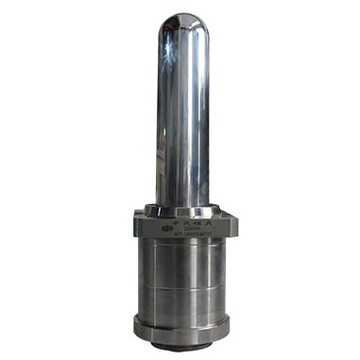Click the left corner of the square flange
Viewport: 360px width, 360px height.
pyautogui.click(x=128, y=227)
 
